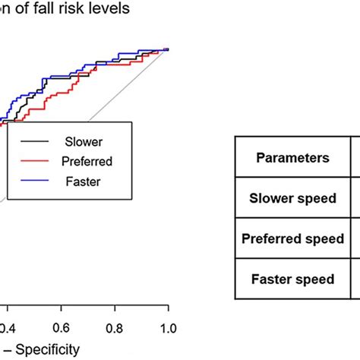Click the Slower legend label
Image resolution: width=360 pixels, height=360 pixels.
pyautogui.click(x=84, y=141)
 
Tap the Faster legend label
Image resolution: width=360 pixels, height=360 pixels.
pyautogui.click(x=83, y=182)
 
